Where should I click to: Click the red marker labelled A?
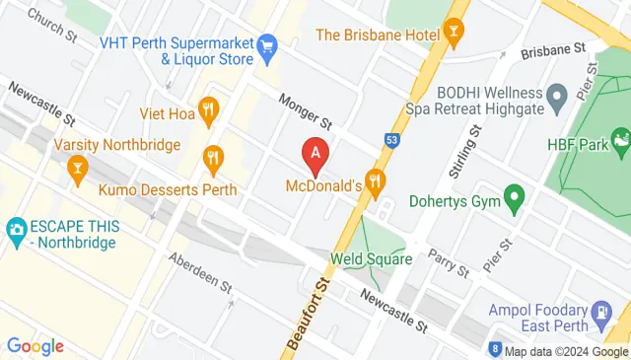pyautogui.click(x=315, y=154)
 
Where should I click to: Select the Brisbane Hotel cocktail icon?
pyautogui.click(x=454, y=36)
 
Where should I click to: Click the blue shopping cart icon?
pyautogui.click(x=266, y=45)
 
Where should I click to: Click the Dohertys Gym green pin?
pyautogui.click(x=513, y=198)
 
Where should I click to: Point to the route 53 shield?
pyautogui.click(x=391, y=140)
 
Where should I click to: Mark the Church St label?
pyautogui.click(x=52, y=25)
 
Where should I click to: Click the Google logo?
pyautogui.click(x=35, y=345)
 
